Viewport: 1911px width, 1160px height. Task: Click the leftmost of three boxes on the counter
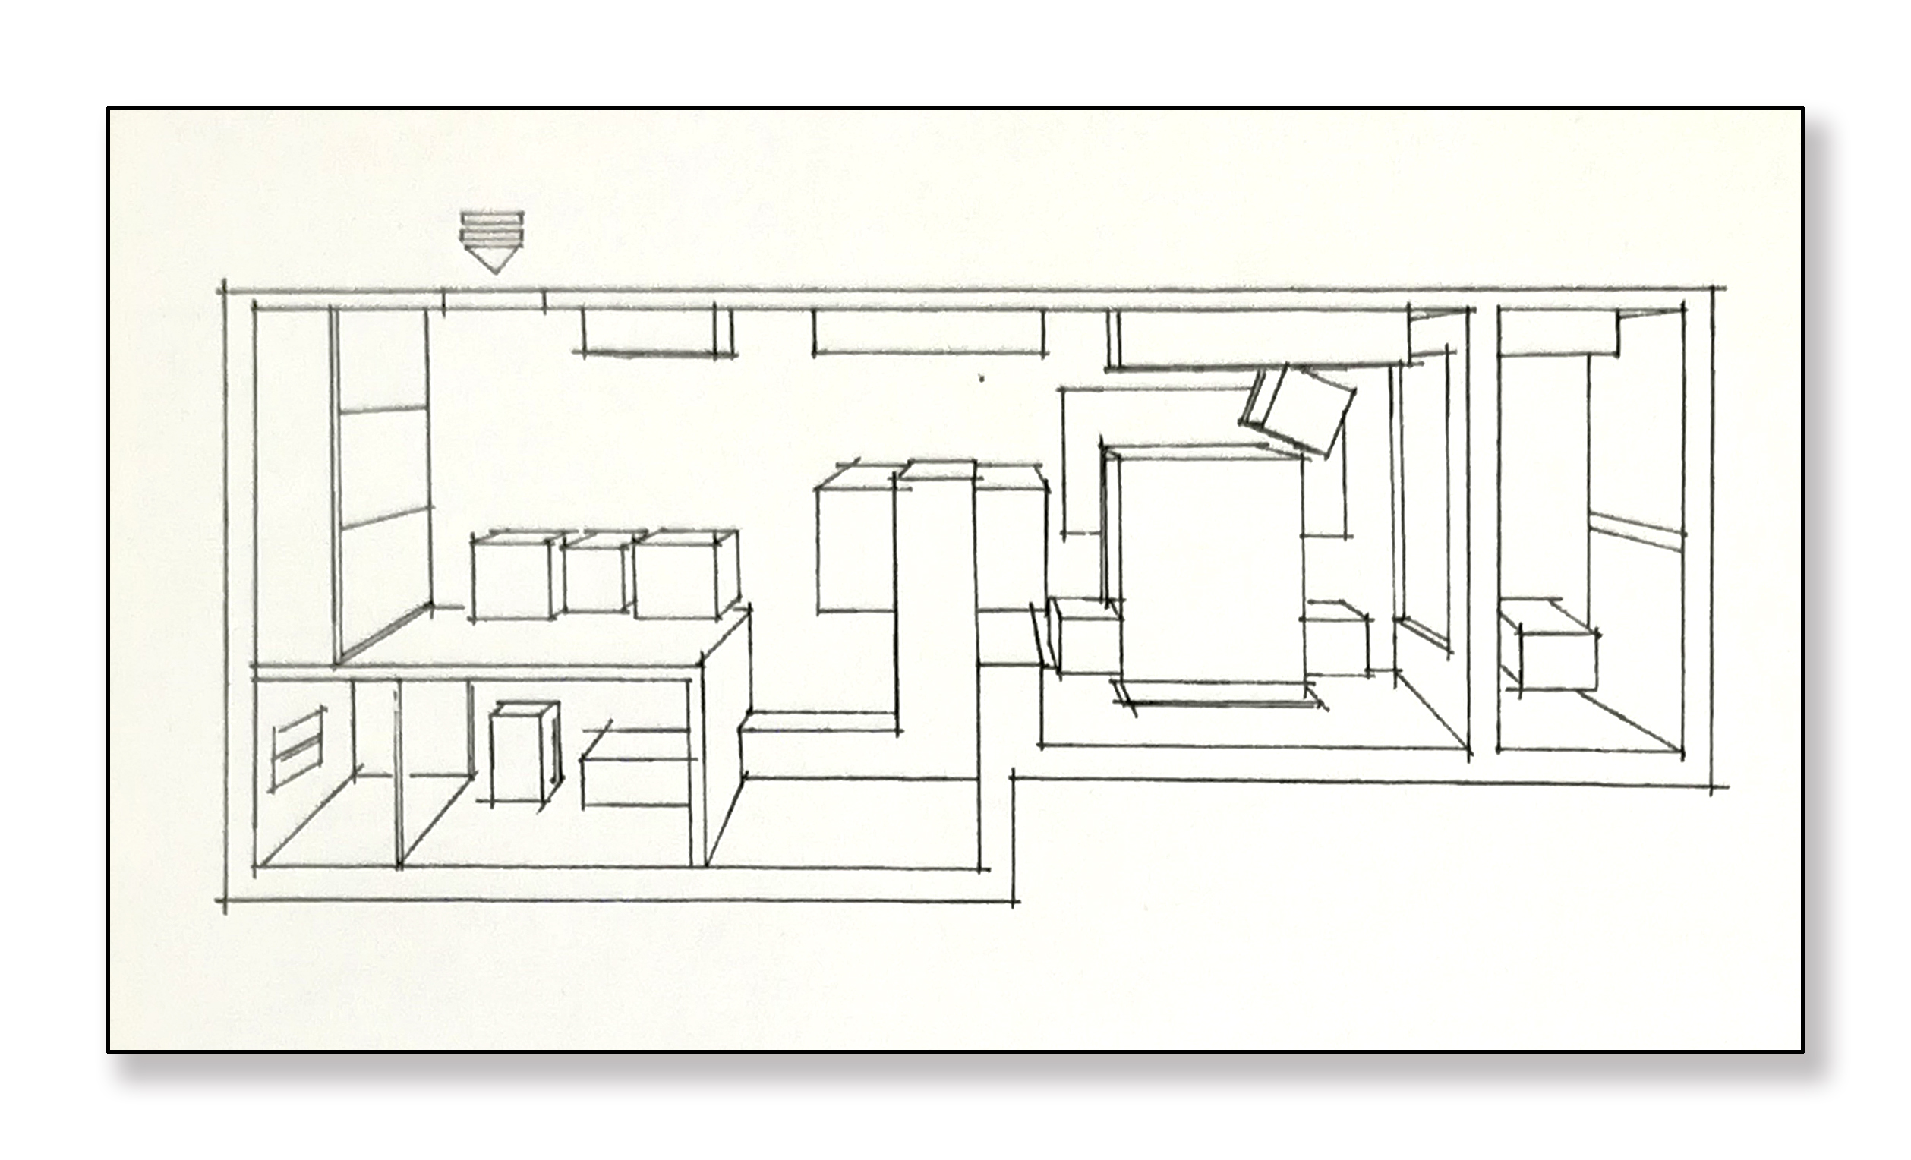512,578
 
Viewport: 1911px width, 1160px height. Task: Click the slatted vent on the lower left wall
296,746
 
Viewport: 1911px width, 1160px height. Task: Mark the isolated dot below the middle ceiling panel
982,379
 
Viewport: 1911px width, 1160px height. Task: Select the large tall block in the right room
1210,570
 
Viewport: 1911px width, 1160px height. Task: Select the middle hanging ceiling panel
928,332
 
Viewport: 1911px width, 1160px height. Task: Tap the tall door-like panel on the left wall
383,488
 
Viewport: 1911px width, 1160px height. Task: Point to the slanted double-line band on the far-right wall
1636,532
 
